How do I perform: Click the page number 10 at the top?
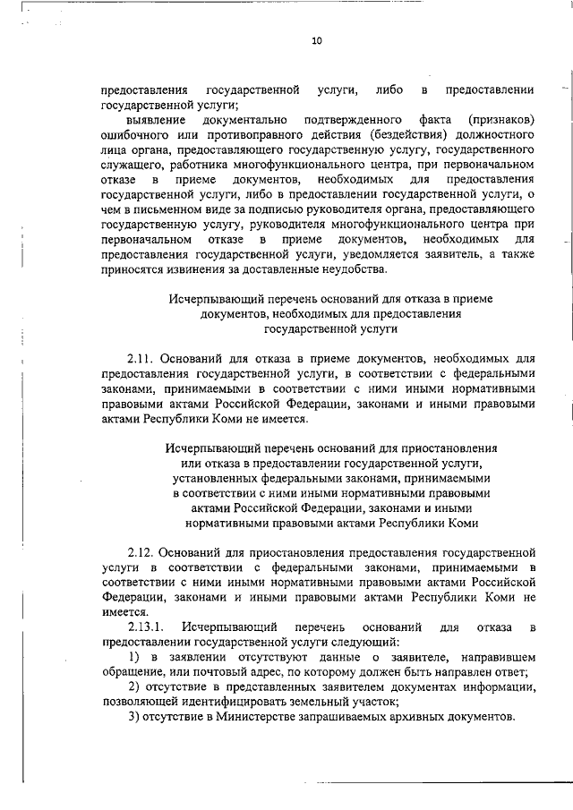click(x=316, y=39)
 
